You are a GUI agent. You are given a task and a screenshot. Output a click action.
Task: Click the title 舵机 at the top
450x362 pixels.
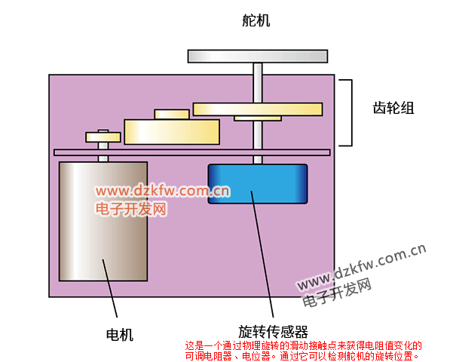click(256, 20)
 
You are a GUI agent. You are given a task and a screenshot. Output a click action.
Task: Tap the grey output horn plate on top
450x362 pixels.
click(258, 57)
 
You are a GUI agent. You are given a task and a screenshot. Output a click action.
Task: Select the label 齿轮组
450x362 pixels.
click(393, 109)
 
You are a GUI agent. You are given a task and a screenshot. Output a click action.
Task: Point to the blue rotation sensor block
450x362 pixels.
click(258, 184)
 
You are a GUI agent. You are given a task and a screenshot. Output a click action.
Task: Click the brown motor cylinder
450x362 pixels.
click(103, 221)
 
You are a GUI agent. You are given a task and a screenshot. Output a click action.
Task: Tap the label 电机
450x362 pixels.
click(120, 334)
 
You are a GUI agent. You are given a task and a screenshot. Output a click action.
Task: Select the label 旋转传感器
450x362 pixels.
click(273, 332)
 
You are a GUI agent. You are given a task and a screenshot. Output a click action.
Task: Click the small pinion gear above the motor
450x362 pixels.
click(103, 137)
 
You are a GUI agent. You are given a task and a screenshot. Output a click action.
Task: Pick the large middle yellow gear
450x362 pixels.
click(172, 132)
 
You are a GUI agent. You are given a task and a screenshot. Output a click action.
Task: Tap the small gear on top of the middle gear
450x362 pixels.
click(172, 114)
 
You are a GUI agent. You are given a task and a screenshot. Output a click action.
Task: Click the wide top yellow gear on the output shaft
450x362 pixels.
click(258, 109)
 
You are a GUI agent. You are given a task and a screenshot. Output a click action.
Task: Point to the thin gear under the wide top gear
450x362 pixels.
click(258, 118)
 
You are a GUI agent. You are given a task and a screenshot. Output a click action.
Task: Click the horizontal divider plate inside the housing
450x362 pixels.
click(192, 152)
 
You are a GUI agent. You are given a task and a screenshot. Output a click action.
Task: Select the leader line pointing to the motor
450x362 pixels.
click(110, 288)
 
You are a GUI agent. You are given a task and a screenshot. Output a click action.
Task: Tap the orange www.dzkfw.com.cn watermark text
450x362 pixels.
click(163, 191)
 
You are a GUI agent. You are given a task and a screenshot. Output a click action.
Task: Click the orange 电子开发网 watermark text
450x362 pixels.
click(131, 209)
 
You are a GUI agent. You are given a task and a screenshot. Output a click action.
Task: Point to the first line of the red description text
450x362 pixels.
click(303, 345)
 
